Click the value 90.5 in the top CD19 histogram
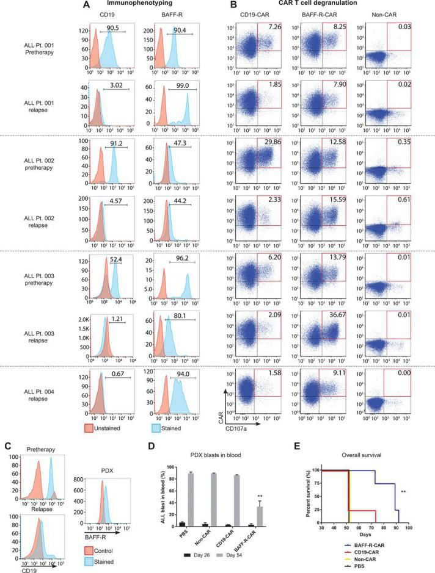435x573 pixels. (x=112, y=27)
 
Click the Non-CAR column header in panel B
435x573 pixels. (x=382, y=14)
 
